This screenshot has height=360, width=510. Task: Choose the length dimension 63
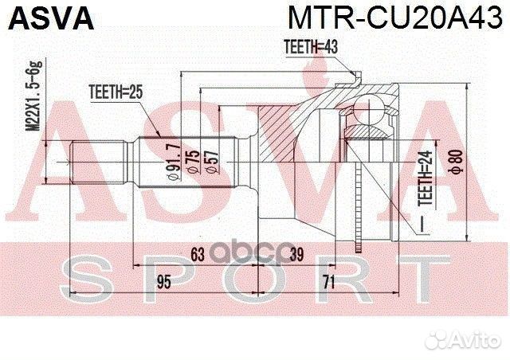[198, 254]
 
